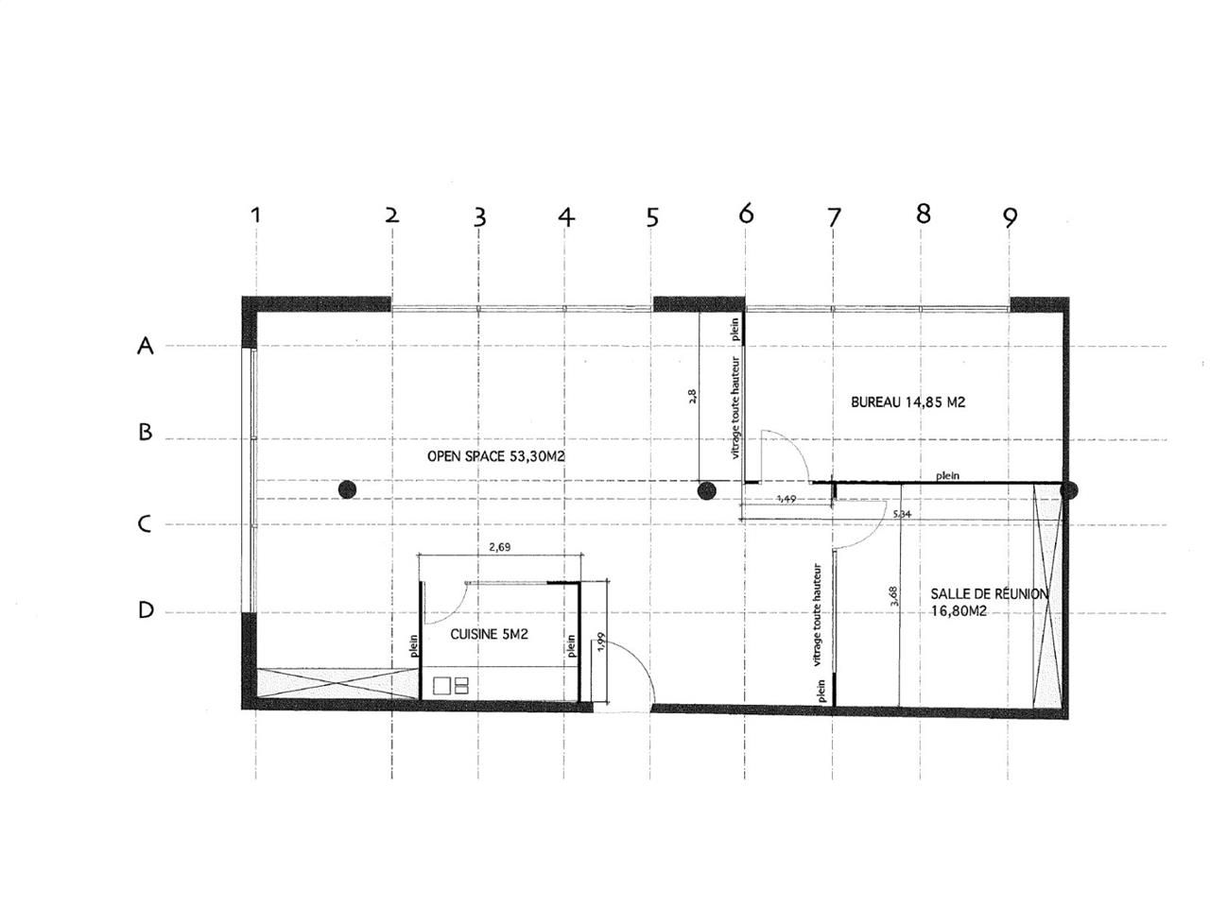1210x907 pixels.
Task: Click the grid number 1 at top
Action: [254, 215]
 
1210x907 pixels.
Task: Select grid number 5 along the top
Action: [651, 217]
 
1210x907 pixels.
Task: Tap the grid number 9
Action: [1011, 217]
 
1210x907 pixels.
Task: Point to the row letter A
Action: [145, 347]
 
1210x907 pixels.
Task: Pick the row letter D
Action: [146, 610]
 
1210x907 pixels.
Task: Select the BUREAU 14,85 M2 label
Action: [907, 402]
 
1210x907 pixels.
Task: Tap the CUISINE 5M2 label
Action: [489, 634]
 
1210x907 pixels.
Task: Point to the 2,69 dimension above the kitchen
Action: [498, 547]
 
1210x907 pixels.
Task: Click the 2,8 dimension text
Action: [691, 396]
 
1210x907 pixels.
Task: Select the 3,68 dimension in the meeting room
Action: [893, 595]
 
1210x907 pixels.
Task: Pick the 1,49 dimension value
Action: [785, 497]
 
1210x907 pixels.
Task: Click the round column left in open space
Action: [347, 489]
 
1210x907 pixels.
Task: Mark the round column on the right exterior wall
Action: [1069, 490]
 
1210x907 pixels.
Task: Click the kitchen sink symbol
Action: [451, 685]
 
